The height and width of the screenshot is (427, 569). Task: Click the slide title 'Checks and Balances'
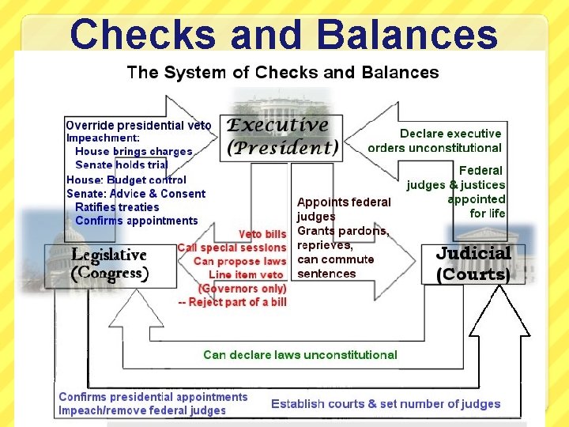click(284, 34)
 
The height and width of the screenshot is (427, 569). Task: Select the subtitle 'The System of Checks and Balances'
click(283, 73)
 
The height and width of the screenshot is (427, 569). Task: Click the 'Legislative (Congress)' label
click(109, 264)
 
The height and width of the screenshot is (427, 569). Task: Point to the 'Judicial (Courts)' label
click(473, 263)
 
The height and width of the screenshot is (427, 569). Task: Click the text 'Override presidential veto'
click(138, 125)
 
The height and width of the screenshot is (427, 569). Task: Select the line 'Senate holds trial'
click(121, 164)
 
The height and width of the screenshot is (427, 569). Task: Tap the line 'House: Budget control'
click(126, 179)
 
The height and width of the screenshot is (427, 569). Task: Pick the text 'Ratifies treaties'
click(117, 206)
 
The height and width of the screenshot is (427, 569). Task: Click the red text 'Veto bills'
click(262, 234)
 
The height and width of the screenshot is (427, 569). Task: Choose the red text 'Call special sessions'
click(232, 248)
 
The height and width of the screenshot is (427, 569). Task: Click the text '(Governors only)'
click(242, 288)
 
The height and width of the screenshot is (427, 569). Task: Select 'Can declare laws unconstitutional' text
click(300, 354)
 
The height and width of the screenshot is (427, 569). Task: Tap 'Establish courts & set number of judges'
click(386, 403)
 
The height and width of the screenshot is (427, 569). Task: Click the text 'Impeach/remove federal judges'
click(142, 410)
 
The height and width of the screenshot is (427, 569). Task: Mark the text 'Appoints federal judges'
click(343, 209)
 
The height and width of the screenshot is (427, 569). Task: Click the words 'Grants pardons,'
click(343, 231)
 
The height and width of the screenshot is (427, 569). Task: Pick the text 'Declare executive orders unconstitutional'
click(435, 140)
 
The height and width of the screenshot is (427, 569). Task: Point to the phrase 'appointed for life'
click(476, 206)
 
